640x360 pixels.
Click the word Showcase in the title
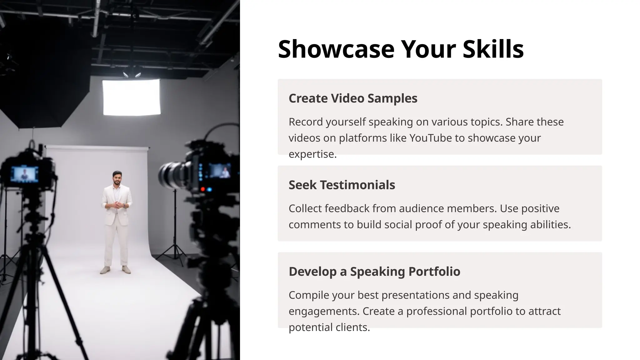coord(336,49)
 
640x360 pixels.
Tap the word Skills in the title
coord(493,49)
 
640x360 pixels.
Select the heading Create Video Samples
coord(353,98)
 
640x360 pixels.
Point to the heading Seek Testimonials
coord(342,185)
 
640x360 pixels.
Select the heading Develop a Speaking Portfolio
coord(374,272)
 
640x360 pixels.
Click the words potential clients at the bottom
coord(329,327)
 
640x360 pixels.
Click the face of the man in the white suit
coord(117,180)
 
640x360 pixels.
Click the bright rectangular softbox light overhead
coord(132,97)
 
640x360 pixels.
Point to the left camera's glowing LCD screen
coord(24,174)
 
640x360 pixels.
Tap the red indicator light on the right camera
coord(203,189)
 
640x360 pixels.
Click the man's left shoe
coord(126,270)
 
